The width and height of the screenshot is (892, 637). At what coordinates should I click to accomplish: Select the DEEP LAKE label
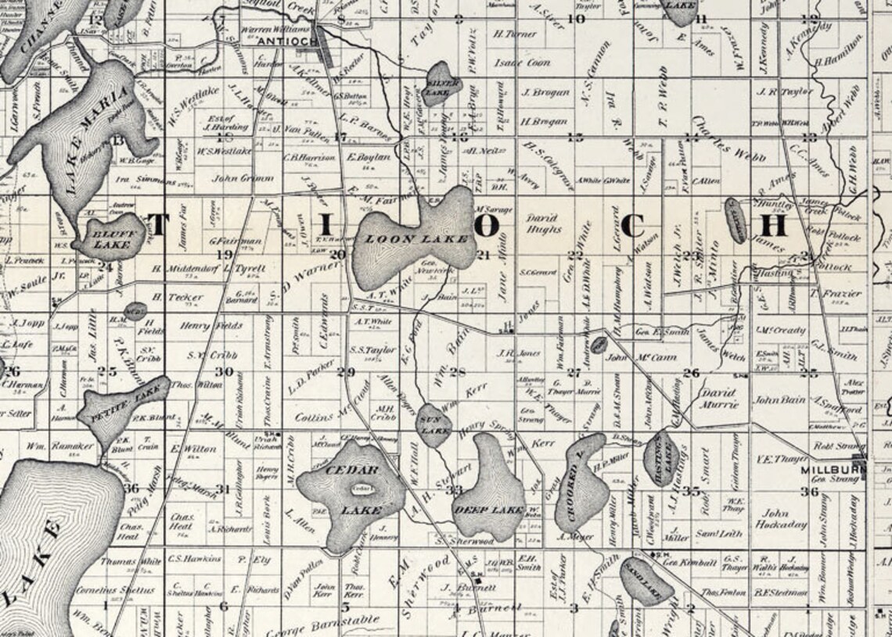489,510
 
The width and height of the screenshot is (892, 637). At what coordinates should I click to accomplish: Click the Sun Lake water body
433,426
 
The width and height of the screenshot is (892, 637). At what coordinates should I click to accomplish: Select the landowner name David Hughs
543,224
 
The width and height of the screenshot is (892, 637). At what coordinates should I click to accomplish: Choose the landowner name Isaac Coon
522,63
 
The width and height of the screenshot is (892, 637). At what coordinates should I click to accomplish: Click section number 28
457,371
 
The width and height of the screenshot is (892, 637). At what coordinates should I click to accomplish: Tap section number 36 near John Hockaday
809,492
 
